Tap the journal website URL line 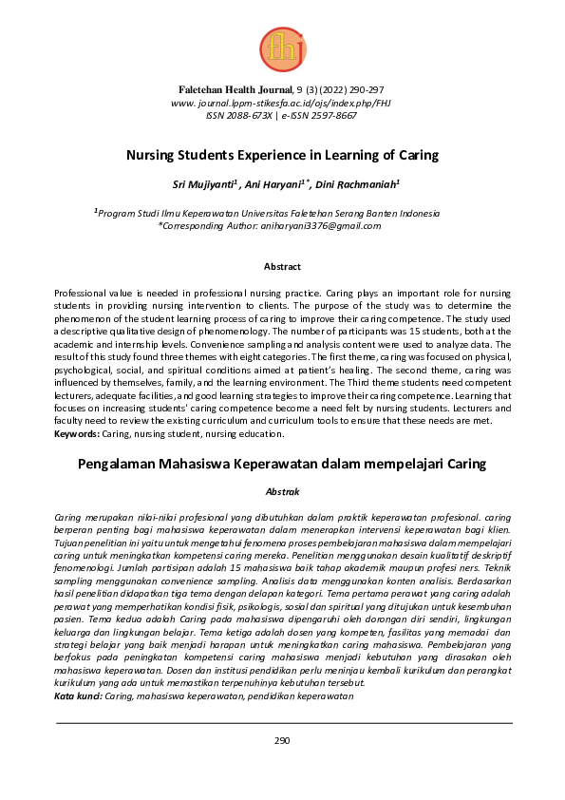pos(281,102)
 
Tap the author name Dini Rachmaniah pos(358,184)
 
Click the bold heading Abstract pos(282,267)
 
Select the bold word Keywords pos(77,432)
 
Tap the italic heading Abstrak pos(282,491)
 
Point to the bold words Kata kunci pos(79,696)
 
